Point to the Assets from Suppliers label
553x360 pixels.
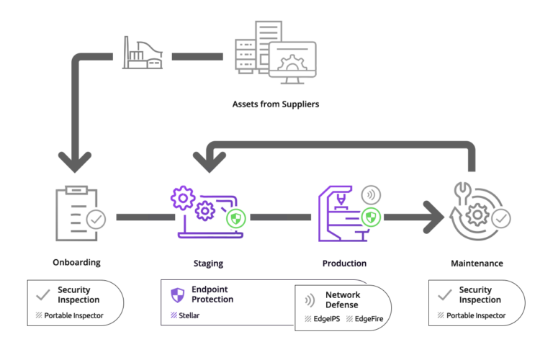[x=275, y=104]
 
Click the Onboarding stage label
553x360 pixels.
[x=76, y=264]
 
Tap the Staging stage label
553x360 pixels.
[x=208, y=264]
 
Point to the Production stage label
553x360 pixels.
[x=344, y=264]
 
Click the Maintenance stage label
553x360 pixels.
[x=477, y=264]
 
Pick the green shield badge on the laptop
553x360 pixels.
[x=235, y=218]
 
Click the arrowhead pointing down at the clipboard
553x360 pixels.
[x=75, y=162]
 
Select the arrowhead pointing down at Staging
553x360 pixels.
[x=210, y=162]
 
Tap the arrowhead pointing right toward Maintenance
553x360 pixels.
[x=433, y=217]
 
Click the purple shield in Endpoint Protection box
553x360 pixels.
[x=177, y=294]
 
